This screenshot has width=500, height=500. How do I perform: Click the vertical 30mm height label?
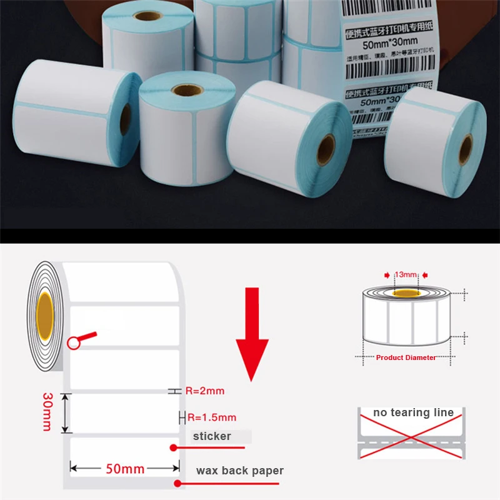coord(47,412)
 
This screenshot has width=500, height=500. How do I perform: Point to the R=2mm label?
coord(204,391)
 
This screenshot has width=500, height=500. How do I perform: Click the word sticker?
coord(212,436)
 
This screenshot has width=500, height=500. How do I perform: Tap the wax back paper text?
coord(240,471)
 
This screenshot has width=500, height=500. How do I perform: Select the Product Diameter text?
coord(406,357)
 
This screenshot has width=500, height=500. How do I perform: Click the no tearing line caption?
coord(413,413)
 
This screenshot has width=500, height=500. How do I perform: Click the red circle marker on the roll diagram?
coord(74,342)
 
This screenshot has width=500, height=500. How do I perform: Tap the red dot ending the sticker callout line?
coord(174,447)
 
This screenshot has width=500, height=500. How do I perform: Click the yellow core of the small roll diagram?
coord(406,292)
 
